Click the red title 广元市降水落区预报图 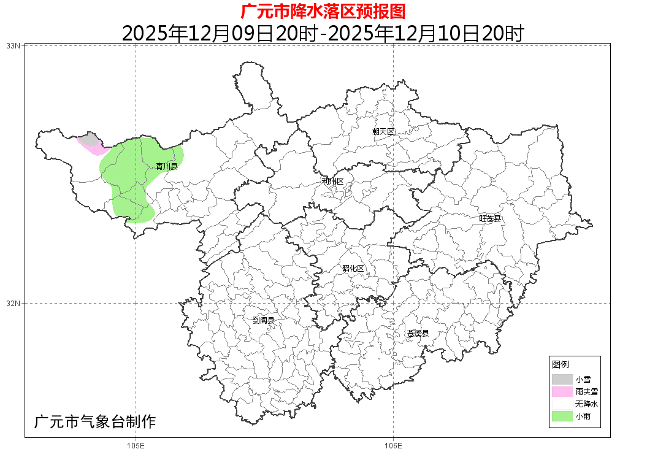click(x=323, y=11)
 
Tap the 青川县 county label click(x=166, y=166)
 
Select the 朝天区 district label click(x=383, y=132)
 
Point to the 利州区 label click(x=333, y=182)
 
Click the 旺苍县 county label click(x=490, y=218)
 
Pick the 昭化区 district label click(x=353, y=269)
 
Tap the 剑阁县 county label click(x=264, y=320)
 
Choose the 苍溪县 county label click(x=418, y=334)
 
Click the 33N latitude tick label click(x=13, y=46)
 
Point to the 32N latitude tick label click(x=13, y=303)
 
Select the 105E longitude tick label click(x=135, y=446)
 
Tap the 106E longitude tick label click(x=392, y=446)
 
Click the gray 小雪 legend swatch click(x=562, y=380)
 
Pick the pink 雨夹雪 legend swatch click(x=562, y=391)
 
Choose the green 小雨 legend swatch click(x=562, y=416)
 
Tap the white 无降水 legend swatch click(x=562, y=404)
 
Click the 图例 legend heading click(x=561, y=364)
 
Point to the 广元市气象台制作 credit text click(x=95, y=422)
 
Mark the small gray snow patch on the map click(x=90, y=139)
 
